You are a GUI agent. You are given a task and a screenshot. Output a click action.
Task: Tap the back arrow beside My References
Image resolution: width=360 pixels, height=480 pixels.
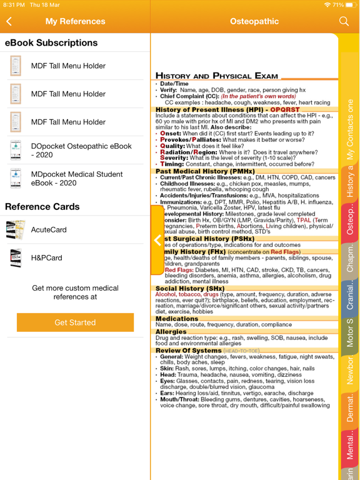[9, 21]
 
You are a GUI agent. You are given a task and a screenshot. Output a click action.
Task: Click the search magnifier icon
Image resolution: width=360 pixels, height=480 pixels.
[344, 21]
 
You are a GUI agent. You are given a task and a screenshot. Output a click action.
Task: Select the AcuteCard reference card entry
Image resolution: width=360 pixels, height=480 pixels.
[49, 229]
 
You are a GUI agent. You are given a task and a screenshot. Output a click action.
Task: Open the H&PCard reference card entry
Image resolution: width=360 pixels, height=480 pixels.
[46, 257]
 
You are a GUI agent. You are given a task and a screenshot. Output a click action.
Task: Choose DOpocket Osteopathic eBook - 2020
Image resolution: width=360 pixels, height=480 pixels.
[81, 150]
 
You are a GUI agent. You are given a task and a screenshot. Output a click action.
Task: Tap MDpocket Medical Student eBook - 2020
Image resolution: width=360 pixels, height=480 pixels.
[77, 178]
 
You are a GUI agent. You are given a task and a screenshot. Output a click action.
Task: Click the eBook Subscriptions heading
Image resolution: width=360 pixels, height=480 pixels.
[51, 43]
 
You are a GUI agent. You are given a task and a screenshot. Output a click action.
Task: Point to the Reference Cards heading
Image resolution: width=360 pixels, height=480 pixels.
[42, 206]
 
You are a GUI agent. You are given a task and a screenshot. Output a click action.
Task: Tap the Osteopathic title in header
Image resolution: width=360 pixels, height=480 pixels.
[254, 21]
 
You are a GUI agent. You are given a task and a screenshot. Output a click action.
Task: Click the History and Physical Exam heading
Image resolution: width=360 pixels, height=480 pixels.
[216, 76]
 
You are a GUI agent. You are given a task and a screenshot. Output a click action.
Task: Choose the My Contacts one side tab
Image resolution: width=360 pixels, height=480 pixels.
[350, 129]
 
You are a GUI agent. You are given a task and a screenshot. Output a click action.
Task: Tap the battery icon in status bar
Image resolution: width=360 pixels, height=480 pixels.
[349, 4]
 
